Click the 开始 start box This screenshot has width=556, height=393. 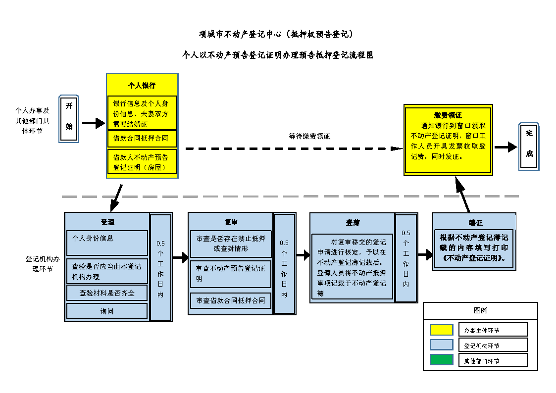[69, 119]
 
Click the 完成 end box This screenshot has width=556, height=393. [529, 147]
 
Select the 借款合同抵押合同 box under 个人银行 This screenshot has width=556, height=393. [142, 139]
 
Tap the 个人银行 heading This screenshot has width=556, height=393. [142, 85]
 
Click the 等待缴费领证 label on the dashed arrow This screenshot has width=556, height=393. [309, 136]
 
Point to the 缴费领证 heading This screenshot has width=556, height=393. [448, 115]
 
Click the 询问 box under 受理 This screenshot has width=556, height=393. [107, 311]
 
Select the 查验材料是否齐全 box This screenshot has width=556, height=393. [107, 293]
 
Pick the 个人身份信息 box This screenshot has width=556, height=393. [107, 243]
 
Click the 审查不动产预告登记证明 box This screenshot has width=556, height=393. [231, 274]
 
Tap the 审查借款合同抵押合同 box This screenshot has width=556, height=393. [231, 300]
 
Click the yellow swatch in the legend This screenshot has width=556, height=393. [441, 330]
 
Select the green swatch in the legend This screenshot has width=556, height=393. [441, 360]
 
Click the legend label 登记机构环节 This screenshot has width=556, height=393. [481, 345]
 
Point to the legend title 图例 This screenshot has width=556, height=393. [480, 311]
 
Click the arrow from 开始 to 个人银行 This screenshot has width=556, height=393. [93, 123]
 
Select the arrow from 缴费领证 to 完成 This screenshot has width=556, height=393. [505, 147]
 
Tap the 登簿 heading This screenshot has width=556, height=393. [353, 223]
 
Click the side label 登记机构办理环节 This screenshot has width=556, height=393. [39, 263]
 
